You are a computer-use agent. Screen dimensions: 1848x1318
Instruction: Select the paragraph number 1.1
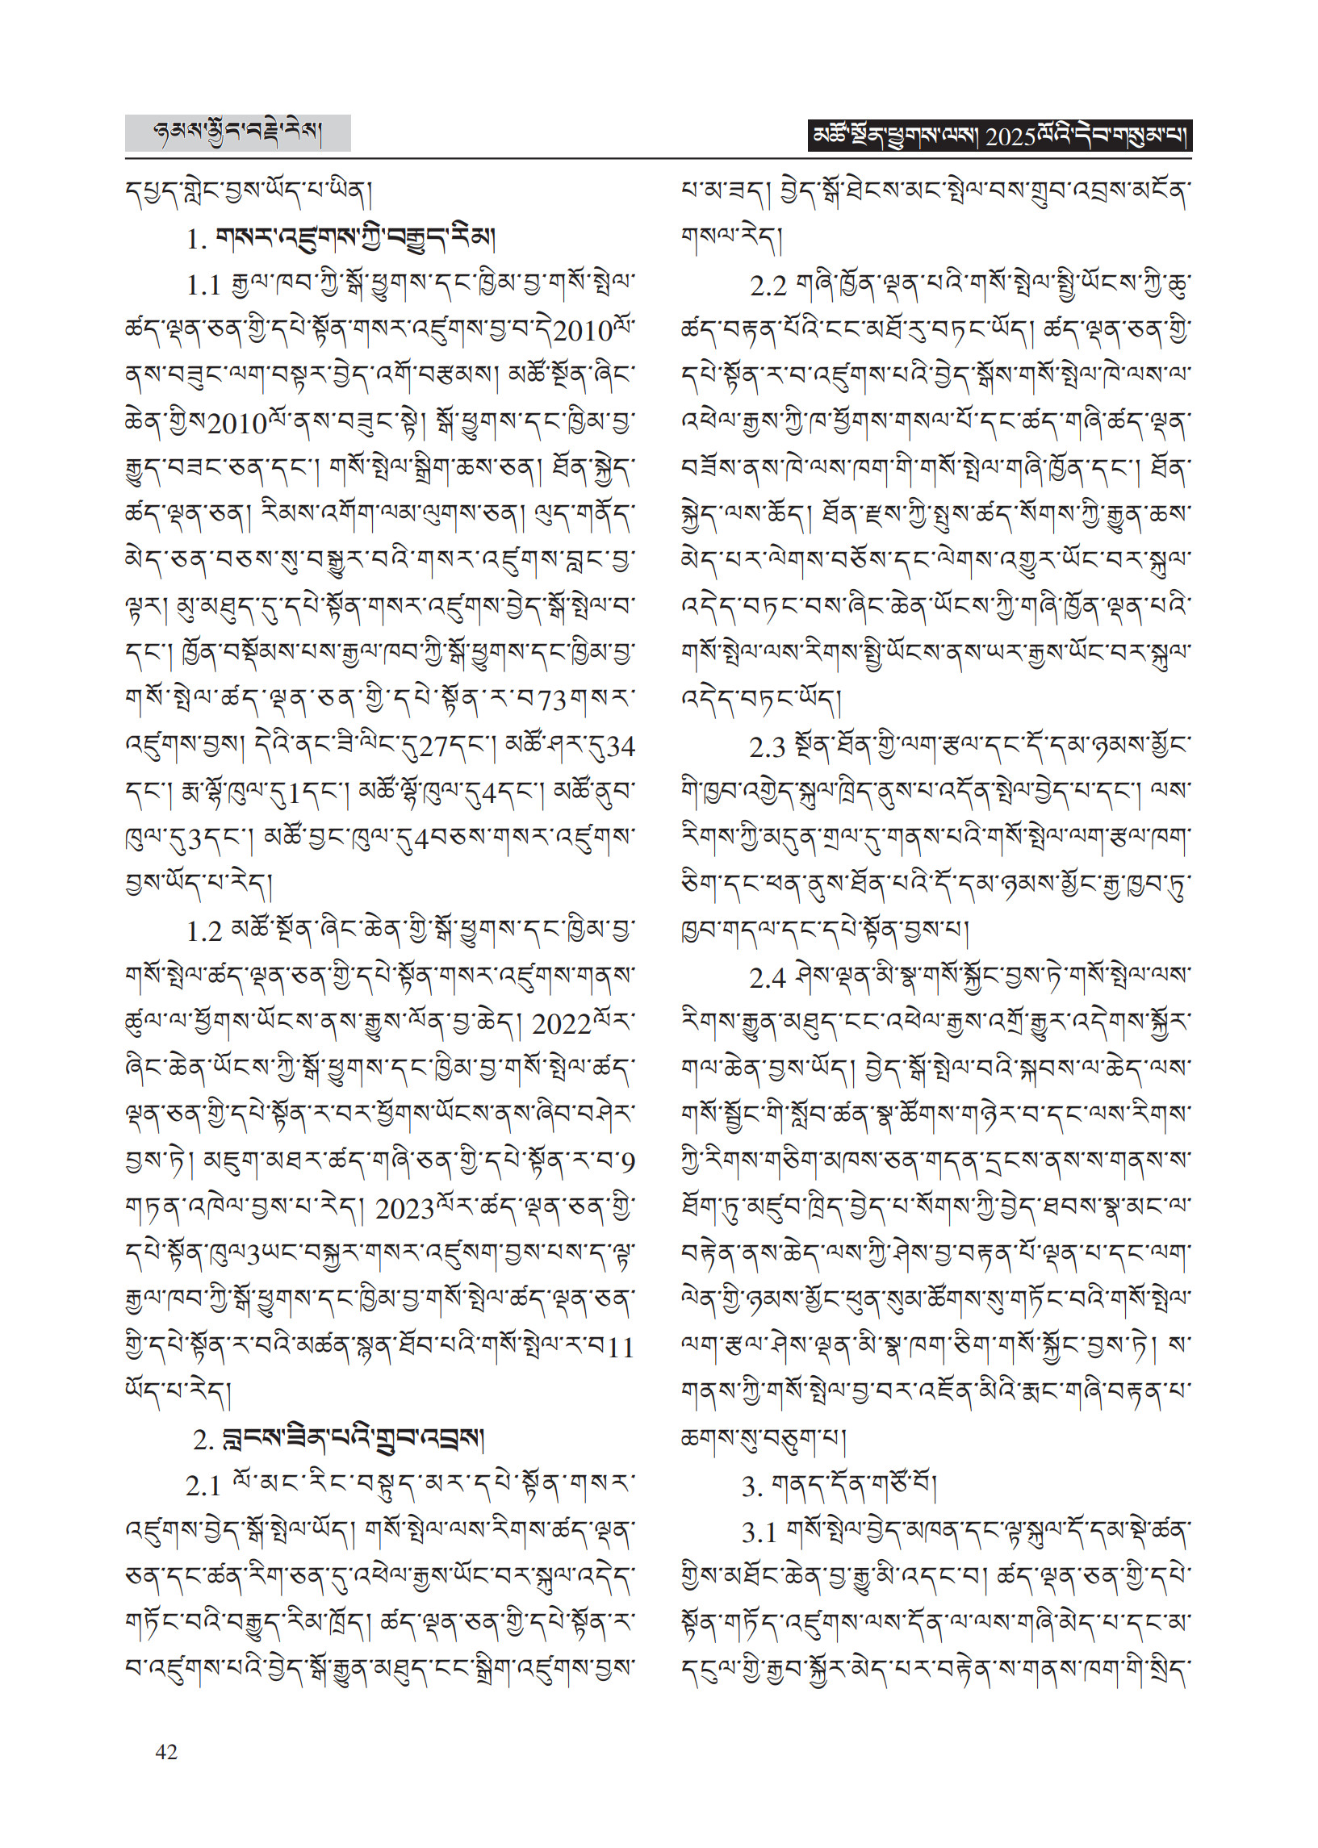(x=203, y=286)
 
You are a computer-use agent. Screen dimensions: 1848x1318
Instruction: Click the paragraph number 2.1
(x=203, y=1486)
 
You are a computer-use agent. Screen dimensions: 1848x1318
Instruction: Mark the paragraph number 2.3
(x=767, y=748)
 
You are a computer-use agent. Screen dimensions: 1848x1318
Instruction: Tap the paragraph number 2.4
(x=767, y=979)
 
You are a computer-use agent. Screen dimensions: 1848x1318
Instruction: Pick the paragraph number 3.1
(x=759, y=1532)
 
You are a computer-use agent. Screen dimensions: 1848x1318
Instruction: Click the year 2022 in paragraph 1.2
(x=561, y=1025)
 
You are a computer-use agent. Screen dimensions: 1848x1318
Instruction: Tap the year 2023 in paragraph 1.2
(x=404, y=1210)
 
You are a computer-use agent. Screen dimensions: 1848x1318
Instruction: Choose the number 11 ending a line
(x=620, y=1348)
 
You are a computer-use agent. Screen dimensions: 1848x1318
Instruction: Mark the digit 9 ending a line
(x=626, y=1164)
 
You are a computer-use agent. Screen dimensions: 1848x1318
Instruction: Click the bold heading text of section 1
(x=354, y=239)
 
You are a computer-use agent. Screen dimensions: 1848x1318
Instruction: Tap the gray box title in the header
(x=237, y=132)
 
